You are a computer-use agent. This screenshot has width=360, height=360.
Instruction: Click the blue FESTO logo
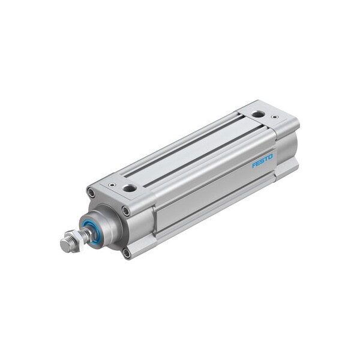pyautogui.click(x=262, y=161)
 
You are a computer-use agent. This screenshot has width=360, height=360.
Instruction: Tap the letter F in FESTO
pyautogui.click(x=254, y=164)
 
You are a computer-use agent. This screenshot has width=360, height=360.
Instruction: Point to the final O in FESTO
pyautogui.click(x=270, y=157)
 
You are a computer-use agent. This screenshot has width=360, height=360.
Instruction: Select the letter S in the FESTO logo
pyautogui.click(x=262, y=161)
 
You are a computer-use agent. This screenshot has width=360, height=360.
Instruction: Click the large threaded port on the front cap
pyautogui.click(x=129, y=188)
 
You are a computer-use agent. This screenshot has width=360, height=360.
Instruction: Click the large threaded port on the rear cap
pyautogui.click(x=257, y=113)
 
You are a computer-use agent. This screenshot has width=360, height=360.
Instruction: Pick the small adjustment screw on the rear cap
pyautogui.click(x=275, y=116)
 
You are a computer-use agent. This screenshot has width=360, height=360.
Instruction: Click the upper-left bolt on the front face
pyautogui.click(x=91, y=193)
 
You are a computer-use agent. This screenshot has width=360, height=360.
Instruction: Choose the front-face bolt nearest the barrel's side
pyautogui.click(x=125, y=211)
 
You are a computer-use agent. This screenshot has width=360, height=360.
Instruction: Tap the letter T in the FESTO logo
pyautogui.click(x=266, y=159)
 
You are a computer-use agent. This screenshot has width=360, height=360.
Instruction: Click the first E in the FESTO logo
pyautogui.click(x=258, y=163)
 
